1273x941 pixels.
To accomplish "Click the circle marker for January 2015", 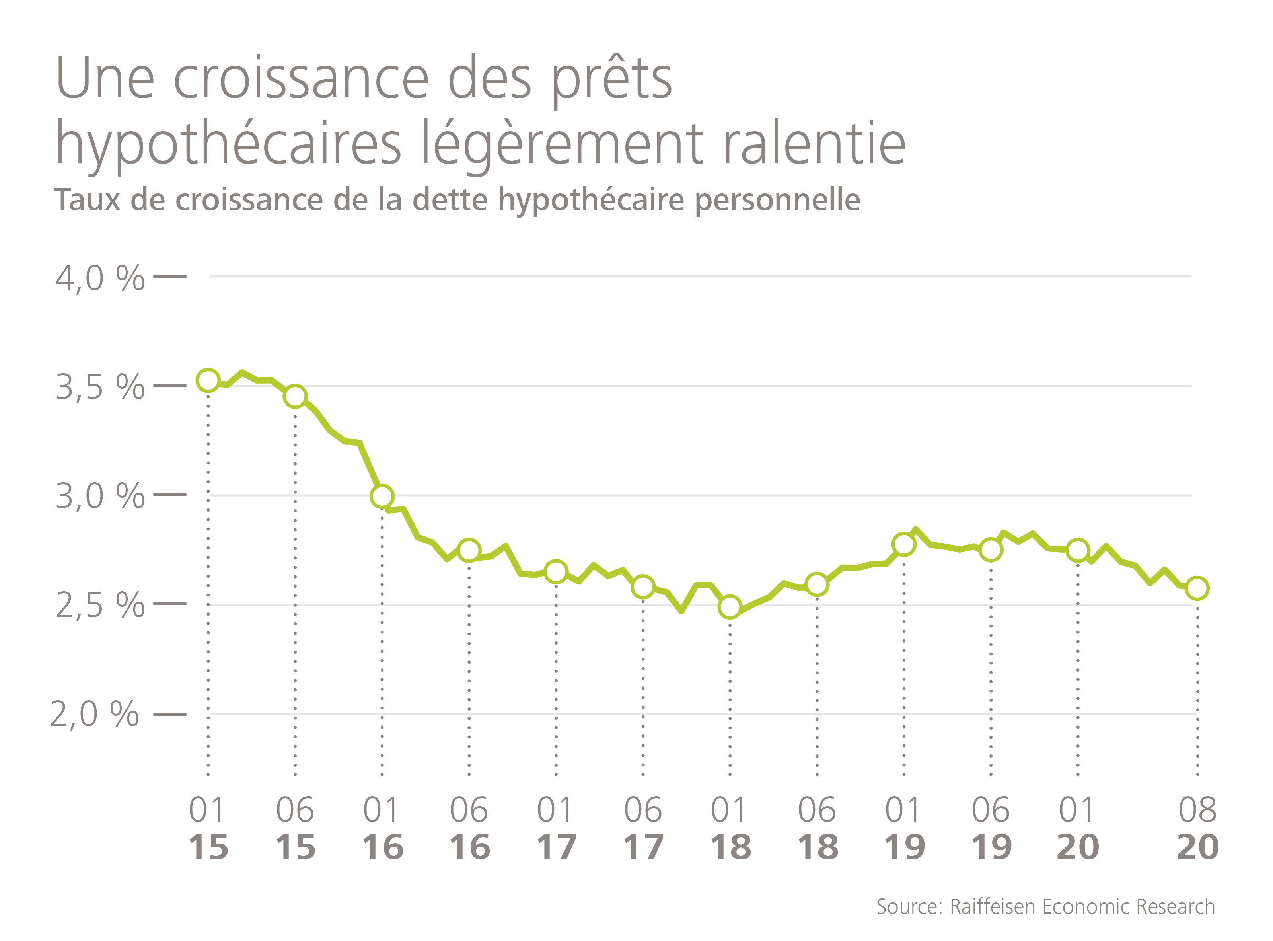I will [x=208, y=380].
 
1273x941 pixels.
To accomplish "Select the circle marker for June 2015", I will [x=295, y=396].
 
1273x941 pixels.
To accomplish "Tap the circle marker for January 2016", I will [x=382, y=496].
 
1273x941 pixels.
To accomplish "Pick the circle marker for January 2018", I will [x=730, y=607].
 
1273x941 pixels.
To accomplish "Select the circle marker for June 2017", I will [x=643, y=586].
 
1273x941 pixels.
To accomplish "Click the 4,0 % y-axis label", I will [x=100, y=279].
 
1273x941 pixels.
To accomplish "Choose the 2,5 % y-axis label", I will [x=100, y=605].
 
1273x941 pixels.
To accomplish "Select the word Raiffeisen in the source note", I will [x=991, y=906].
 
